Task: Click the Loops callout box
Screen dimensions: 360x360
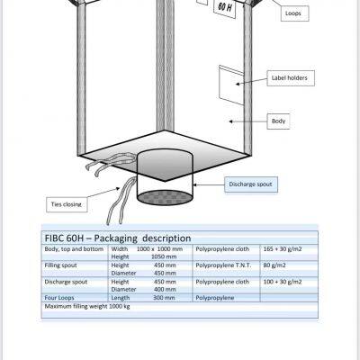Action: pyautogui.click(x=294, y=13)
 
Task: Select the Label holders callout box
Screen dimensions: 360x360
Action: pyautogui.click(x=291, y=78)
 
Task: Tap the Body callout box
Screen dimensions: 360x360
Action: pyautogui.click(x=278, y=121)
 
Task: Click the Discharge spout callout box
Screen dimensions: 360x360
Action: pyautogui.click(x=251, y=184)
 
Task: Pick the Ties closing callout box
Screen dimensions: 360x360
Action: pyautogui.click(x=67, y=204)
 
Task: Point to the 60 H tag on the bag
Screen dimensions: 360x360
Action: pyautogui.click(x=225, y=7)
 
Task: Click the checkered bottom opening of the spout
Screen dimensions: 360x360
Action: pyautogui.click(x=165, y=197)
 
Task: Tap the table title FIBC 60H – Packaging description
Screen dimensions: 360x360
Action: pyautogui.click(x=118, y=238)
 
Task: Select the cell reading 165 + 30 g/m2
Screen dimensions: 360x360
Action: pyautogui.click(x=283, y=249)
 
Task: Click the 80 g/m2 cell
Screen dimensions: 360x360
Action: pyautogui.click(x=274, y=265)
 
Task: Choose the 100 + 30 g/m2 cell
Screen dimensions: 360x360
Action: pyautogui.click(x=283, y=282)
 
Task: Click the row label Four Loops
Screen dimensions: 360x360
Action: pyautogui.click(x=59, y=298)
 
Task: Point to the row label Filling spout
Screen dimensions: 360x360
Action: pyautogui.click(x=60, y=265)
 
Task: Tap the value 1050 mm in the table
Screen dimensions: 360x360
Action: pyautogui.click(x=164, y=256)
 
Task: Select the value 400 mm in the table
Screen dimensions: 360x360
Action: pyautogui.click(x=165, y=290)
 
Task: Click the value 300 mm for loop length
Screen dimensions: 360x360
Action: pyautogui.click(x=164, y=298)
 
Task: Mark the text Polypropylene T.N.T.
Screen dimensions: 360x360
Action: pyautogui.click(x=223, y=265)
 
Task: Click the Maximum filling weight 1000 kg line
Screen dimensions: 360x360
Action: pyautogui.click(x=87, y=306)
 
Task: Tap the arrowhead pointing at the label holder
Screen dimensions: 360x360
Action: pyautogui.click(x=238, y=84)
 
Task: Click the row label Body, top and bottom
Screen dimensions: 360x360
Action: pyautogui.click(x=74, y=249)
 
